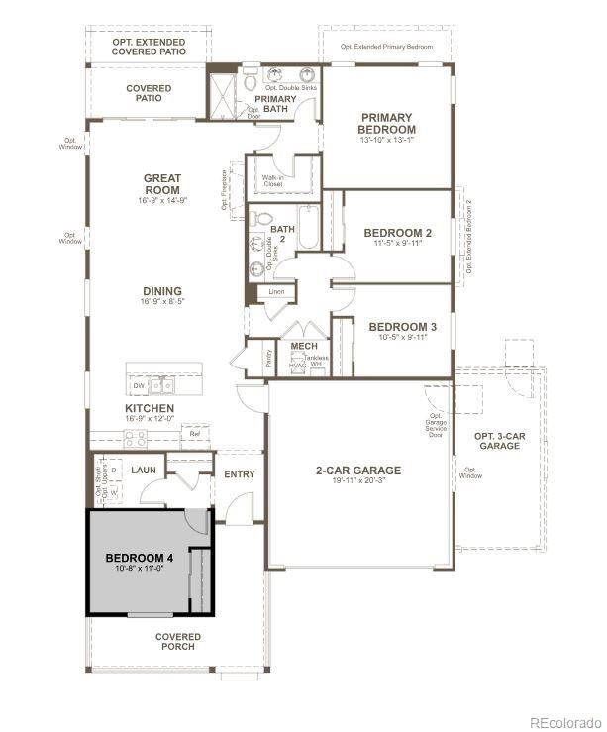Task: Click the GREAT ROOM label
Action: click(162, 184)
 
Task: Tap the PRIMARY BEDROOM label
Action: click(387, 123)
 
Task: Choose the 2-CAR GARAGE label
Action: click(357, 471)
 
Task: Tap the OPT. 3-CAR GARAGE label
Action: click(500, 441)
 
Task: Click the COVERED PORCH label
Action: click(178, 642)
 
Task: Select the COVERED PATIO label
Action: click(149, 94)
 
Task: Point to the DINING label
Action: click(162, 291)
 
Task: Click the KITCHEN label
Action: click(150, 408)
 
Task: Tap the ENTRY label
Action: click(239, 474)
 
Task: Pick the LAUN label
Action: click(144, 470)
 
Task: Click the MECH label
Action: click(303, 346)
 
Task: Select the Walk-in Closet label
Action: click(272, 181)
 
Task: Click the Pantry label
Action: click(269, 359)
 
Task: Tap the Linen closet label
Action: click(277, 293)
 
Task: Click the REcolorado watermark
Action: click(564, 721)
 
